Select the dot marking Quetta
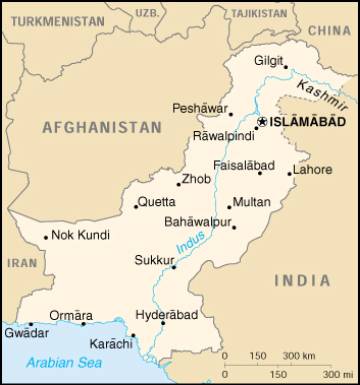(135, 207)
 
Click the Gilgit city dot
(285, 66)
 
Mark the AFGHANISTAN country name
(102, 128)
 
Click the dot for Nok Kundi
(46, 237)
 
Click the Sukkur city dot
(173, 266)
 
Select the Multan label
(251, 203)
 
